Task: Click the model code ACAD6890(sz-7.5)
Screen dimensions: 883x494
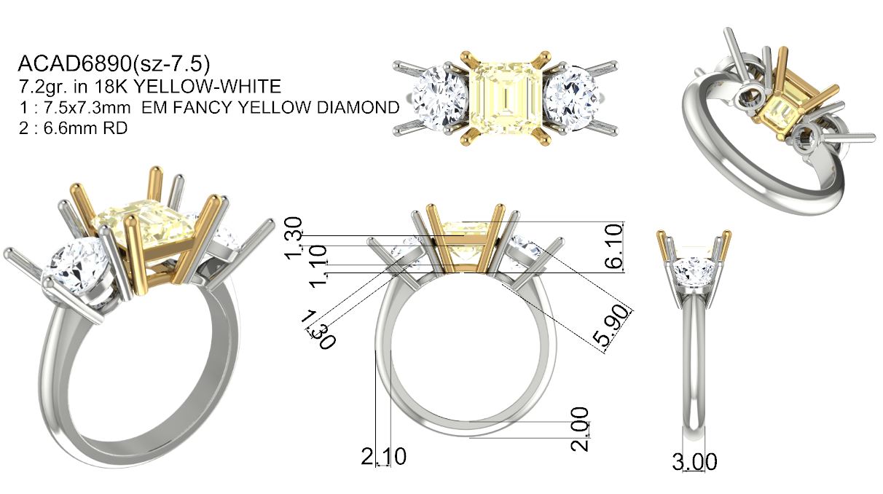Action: pos(114,65)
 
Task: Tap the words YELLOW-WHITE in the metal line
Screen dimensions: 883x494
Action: pos(208,87)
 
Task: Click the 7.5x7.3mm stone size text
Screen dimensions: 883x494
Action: pos(85,108)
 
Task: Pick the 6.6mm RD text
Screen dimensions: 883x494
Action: pos(85,128)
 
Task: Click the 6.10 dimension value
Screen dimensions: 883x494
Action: pos(613,247)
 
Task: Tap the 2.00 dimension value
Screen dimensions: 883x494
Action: pos(580,429)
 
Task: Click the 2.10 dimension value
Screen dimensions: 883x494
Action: pos(383,456)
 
